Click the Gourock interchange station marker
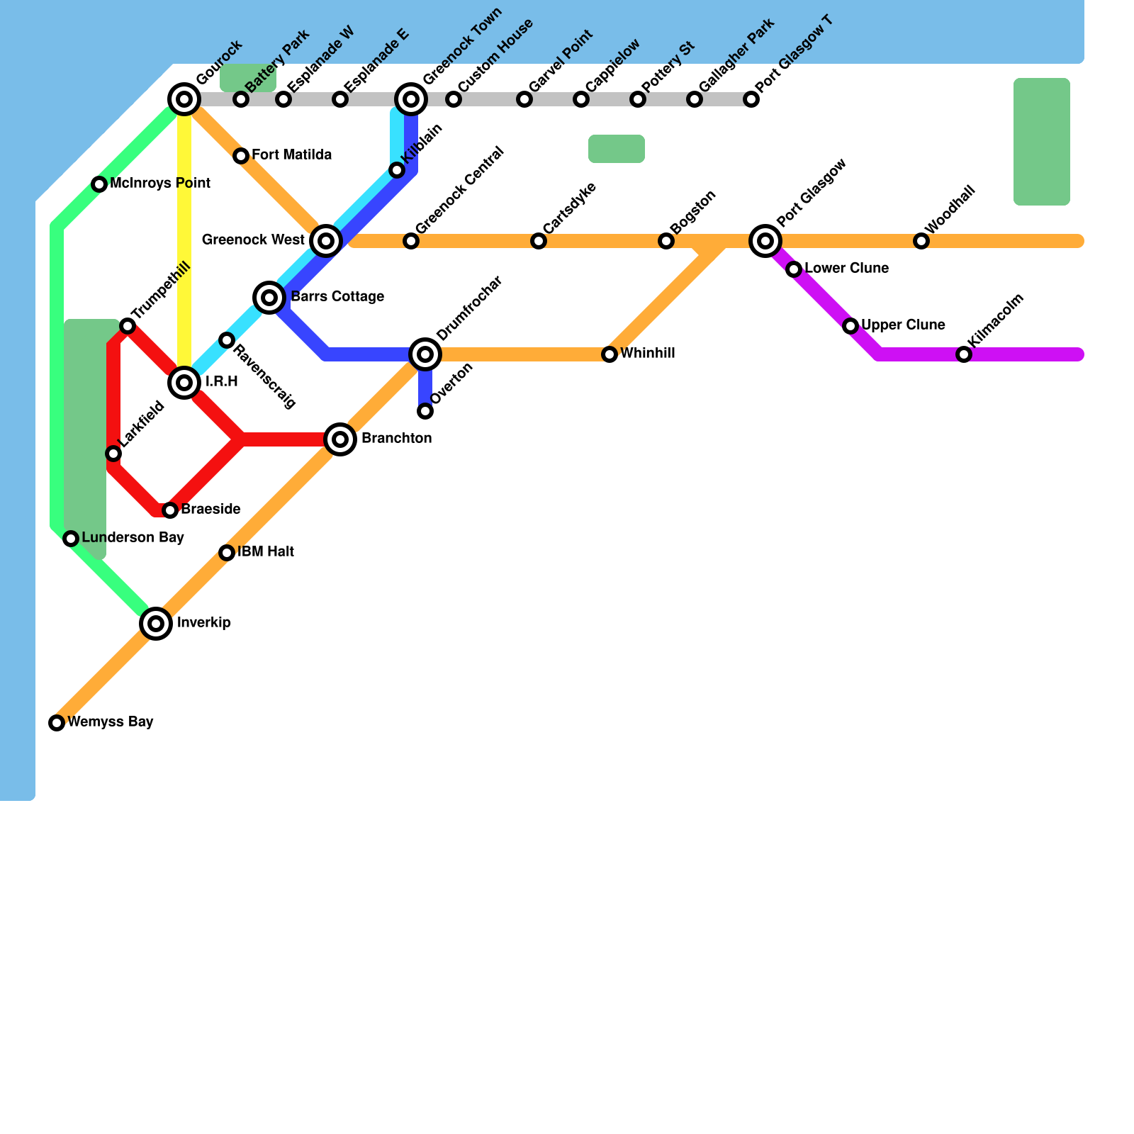tap(184, 99)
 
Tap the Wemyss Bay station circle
tap(57, 723)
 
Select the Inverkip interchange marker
tap(156, 624)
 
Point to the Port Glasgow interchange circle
tap(765, 241)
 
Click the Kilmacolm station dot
tap(964, 354)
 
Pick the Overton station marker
tap(425, 411)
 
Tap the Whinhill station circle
tap(610, 354)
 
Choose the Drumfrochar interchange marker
tap(425, 354)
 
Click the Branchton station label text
tap(396, 439)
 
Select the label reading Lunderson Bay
tap(133, 538)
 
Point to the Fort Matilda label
tap(291, 155)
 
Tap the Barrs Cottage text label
tap(337, 297)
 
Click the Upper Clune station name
tap(903, 325)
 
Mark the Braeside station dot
tap(170, 510)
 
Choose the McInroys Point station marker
tap(99, 184)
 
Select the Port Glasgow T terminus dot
tap(751, 99)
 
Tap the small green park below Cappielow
tap(617, 149)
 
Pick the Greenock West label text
tap(253, 240)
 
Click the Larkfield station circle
tap(113, 454)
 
